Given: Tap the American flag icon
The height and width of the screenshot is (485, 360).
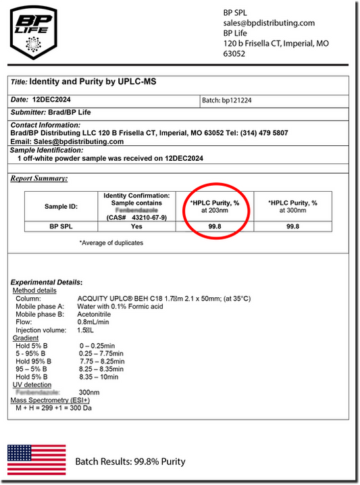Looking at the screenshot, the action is [x=36, y=459].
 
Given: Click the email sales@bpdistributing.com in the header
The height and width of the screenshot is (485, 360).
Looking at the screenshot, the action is [x=269, y=23].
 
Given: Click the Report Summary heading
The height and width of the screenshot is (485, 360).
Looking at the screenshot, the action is [x=39, y=178].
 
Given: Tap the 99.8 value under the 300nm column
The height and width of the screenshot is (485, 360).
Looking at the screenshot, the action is [x=292, y=227].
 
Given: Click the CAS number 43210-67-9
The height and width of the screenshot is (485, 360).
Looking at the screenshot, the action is [x=150, y=217].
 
